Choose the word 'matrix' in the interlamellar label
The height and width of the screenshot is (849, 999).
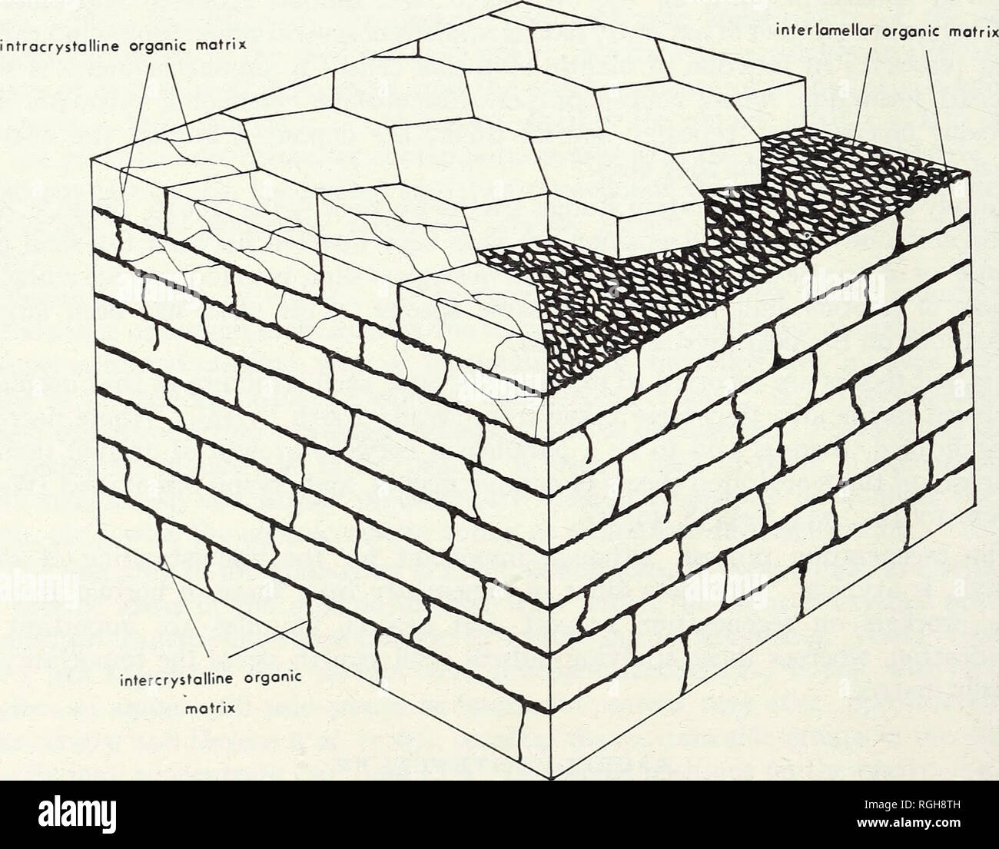[x=975, y=32]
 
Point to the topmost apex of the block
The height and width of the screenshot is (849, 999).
[x=522, y=2]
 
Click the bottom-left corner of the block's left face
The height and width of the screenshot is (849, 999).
[x=98, y=533]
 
